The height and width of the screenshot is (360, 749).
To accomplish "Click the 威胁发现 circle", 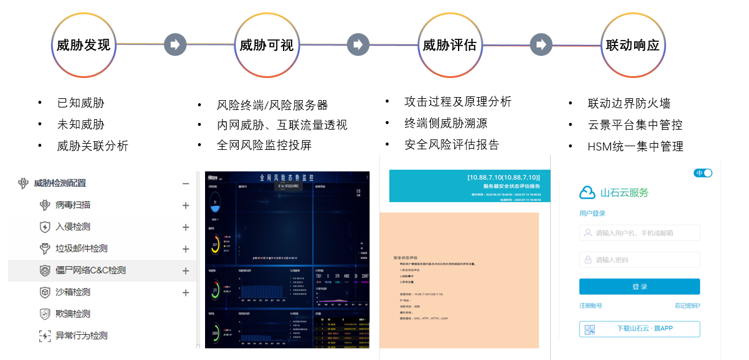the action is pyautogui.click(x=83, y=45).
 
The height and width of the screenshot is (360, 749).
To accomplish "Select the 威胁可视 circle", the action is pyautogui.click(x=266, y=45).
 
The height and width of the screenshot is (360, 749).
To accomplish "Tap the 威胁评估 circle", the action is pyautogui.click(x=449, y=45).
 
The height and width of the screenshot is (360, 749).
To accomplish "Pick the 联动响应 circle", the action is pyautogui.click(x=632, y=45).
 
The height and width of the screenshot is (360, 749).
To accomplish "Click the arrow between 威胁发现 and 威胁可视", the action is pyautogui.click(x=175, y=44).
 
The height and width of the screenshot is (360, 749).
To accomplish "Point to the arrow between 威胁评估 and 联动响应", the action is pyautogui.click(x=541, y=44).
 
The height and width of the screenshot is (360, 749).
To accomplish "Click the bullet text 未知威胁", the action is pyautogui.click(x=80, y=124).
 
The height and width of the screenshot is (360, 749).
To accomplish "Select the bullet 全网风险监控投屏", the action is pyautogui.click(x=264, y=145).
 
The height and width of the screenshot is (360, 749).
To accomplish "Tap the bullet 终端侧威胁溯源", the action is pyautogui.click(x=446, y=123).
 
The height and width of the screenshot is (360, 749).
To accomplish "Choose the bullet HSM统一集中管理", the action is pyautogui.click(x=635, y=146).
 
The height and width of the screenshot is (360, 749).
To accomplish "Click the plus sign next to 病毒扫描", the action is pyautogui.click(x=186, y=205).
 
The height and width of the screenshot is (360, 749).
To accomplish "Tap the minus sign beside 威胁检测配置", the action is pyautogui.click(x=186, y=183).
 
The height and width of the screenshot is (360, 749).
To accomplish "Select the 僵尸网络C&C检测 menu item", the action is pyautogui.click(x=90, y=270).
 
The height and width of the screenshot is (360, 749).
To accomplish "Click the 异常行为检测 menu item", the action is pyautogui.click(x=81, y=335).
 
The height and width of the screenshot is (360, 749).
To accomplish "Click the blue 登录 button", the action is pyautogui.click(x=639, y=286).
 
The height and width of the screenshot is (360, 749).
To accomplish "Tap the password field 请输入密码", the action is pyautogui.click(x=639, y=259).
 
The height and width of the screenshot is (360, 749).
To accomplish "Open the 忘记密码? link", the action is pyautogui.click(x=687, y=306).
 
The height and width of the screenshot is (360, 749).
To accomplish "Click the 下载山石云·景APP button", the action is pyautogui.click(x=639, y=329).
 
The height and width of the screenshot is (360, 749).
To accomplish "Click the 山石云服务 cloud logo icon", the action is pyautogui.click(x=588, y=193).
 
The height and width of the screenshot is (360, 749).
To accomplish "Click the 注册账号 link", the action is pyautogui.click(x=591, y=306).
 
